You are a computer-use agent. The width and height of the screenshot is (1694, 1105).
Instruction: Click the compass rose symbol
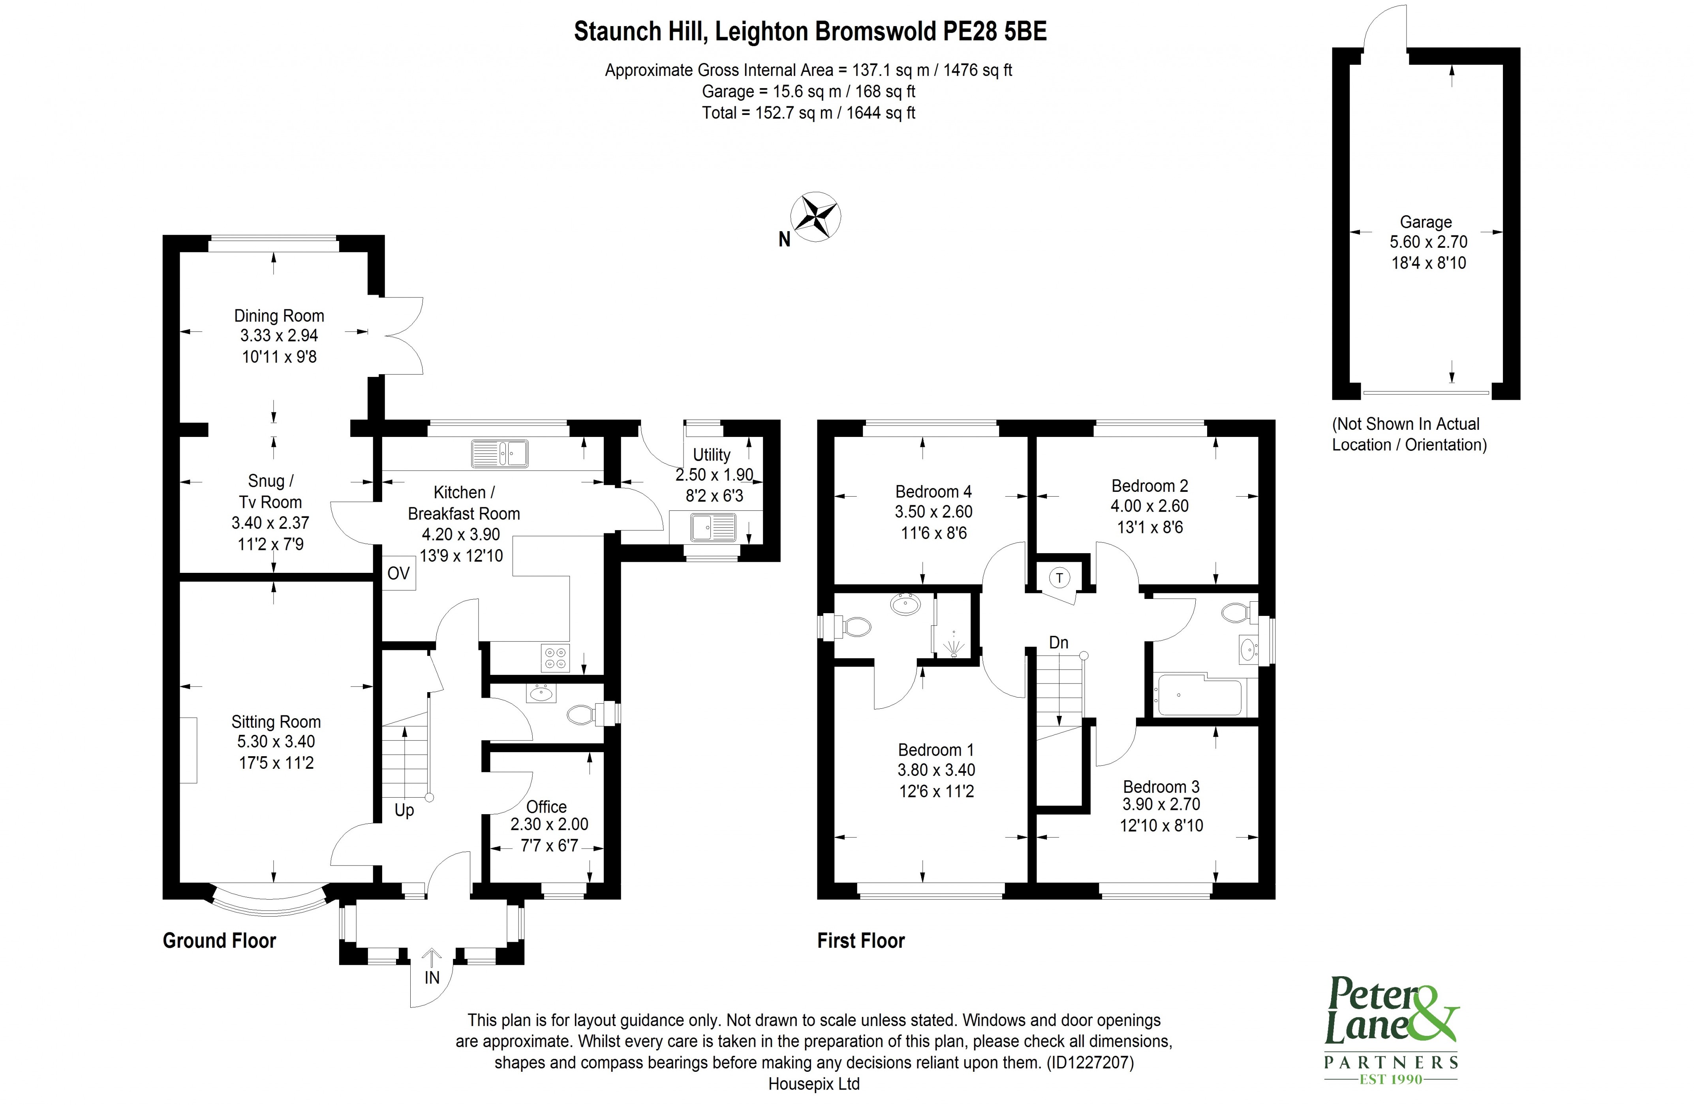(x=816, y=216)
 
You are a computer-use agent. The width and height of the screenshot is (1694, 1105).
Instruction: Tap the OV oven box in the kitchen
(x=398, y=573)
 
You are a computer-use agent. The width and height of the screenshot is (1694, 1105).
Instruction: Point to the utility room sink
(x=713, y=527)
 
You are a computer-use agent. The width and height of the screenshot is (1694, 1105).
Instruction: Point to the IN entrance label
(x=432, y=977)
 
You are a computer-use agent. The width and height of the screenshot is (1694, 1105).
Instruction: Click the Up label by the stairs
(x=404, y=810)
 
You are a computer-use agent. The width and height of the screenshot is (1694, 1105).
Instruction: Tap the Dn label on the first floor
(x=1058, y=642)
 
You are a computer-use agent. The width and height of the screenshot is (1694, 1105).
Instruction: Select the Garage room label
(x=1425, y=222)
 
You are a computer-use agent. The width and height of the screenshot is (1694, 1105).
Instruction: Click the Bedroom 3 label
(x=1161, y=787)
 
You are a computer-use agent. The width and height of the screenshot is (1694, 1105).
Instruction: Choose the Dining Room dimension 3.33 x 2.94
(x=279, y=336)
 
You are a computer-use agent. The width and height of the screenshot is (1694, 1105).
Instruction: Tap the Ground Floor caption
(x=219, y=941)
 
